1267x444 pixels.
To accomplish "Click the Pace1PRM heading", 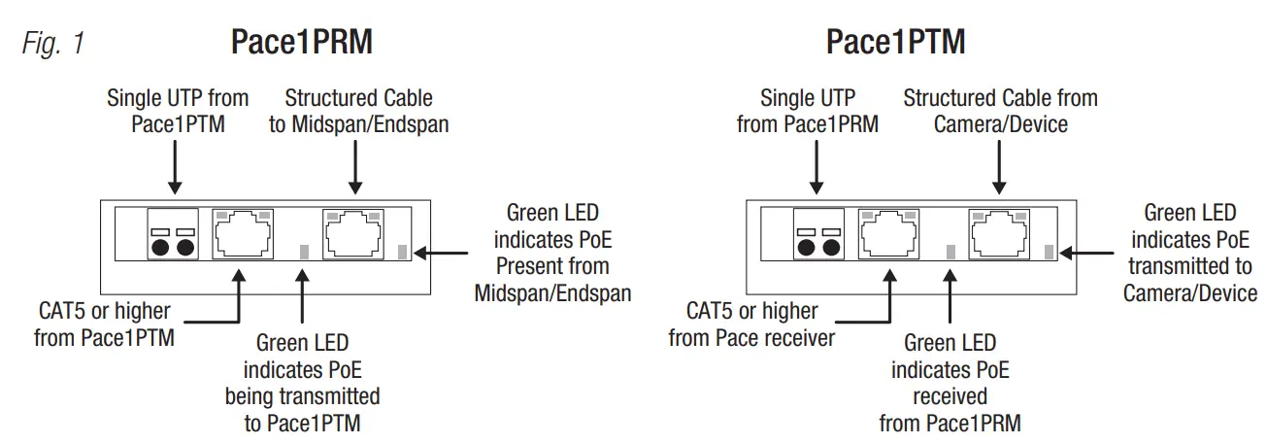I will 301,43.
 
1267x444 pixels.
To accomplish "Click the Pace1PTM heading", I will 895,43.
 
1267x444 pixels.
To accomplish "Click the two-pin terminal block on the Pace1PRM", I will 173,234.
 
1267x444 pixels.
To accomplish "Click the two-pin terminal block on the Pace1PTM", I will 818,234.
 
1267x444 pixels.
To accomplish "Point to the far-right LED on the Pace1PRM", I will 404,253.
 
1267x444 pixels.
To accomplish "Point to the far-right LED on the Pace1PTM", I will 1049,253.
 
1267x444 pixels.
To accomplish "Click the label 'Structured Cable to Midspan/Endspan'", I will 358,112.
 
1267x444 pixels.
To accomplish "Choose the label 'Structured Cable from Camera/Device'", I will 1000,112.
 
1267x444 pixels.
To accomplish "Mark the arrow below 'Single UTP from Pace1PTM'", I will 175,165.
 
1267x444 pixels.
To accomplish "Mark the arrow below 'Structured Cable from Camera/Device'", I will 1000,165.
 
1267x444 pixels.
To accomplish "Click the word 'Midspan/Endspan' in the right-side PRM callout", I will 552,292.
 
